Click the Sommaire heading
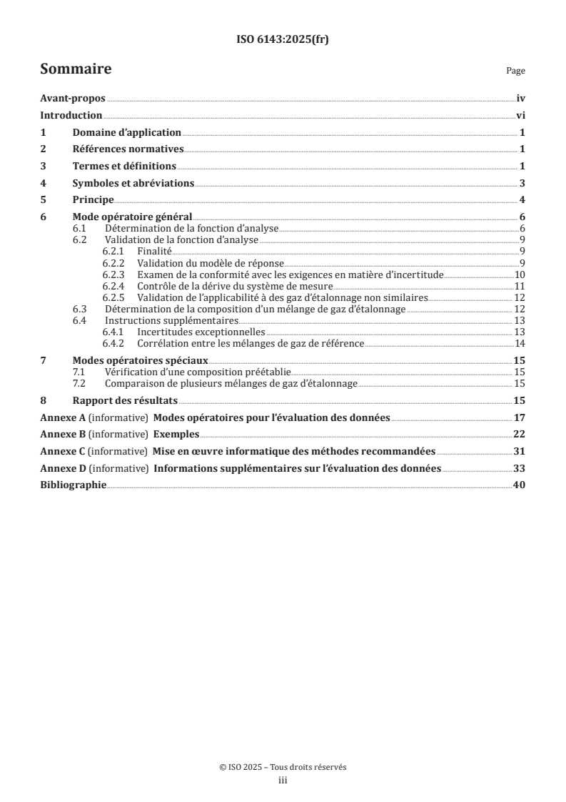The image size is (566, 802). coord(76,69)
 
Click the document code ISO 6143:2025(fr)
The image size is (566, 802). coord(283,40)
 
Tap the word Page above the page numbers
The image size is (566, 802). coord(515,71)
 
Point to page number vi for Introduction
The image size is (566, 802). coord(521,116)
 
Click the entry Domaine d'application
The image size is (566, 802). coord(127,133)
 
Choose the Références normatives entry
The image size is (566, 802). coord(128,149)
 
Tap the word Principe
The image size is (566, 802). coord(93,199)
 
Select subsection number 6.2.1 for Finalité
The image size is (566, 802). coord(113,252)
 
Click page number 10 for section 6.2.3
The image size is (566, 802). coord(520,274)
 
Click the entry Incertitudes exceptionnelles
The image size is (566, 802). coord(201,332)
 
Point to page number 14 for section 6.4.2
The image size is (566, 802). coord(520,344)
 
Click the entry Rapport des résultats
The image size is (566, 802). coord(126,400)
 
